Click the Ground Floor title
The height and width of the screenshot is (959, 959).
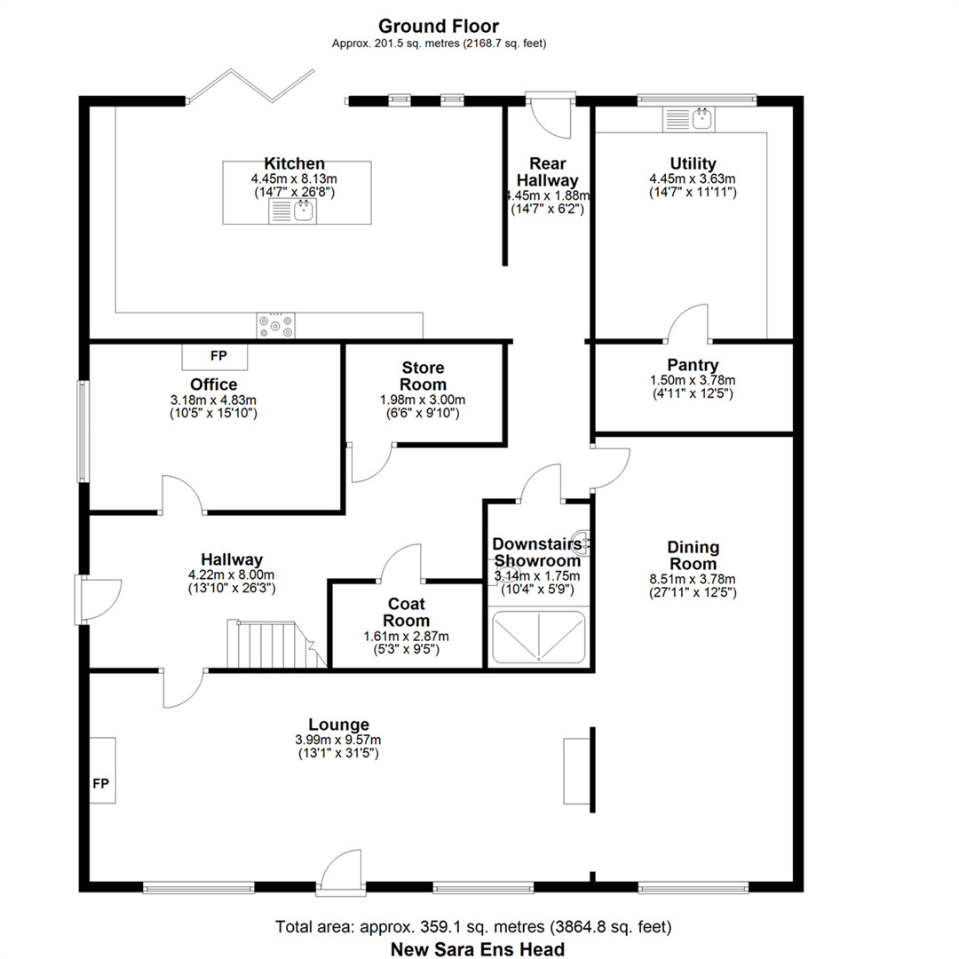click(x=439, y=27)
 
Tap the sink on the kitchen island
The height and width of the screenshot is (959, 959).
click(x=292, y=211)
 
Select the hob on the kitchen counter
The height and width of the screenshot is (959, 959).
click(x=276, y=325)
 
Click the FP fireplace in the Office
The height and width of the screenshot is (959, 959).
click(x=215, y=357)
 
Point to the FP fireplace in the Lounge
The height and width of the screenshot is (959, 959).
click(x=102, y=770)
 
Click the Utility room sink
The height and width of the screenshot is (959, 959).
click(x=689, y=119)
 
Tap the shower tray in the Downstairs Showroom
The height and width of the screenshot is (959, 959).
click(x=539, y=637)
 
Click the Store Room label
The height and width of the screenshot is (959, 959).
click(x=424, y=376)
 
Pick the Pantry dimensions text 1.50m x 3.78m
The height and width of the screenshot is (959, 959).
click(x=693, y=380)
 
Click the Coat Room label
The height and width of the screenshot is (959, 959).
click(x=406, y=612)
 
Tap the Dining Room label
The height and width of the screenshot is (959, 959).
click(x=693, y=555)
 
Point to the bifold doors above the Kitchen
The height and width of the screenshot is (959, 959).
click(x=250, y=85)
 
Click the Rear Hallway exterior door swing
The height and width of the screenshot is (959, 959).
click(x=551, y=116)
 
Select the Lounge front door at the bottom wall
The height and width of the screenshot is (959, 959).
click(x=341, y=872)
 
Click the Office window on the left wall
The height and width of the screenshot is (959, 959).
click(x=83, y=432)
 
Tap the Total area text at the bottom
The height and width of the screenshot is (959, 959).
click(x=473, y=927)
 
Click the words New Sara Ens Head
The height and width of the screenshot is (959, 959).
click(x=478, y=949)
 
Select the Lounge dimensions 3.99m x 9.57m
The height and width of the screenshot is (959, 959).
click(x=338, y=740)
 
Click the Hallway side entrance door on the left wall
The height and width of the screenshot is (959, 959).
click(x=98, y=599)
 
